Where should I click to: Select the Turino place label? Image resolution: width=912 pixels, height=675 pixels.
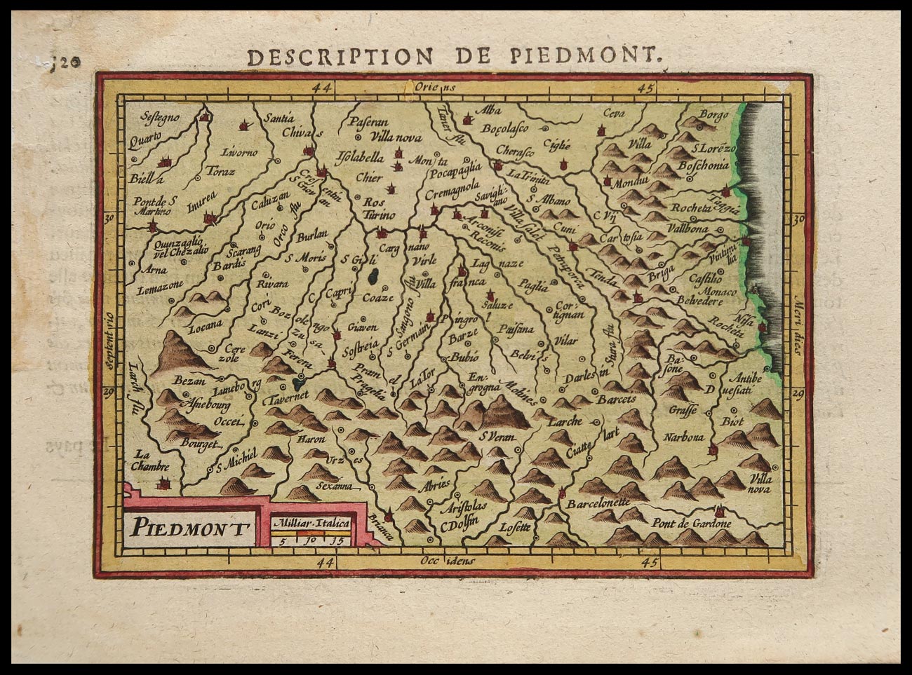tap(380, 215)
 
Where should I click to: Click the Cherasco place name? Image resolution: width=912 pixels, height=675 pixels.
tap(515, 151)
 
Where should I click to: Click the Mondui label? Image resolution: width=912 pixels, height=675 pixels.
tap(629, 183)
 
